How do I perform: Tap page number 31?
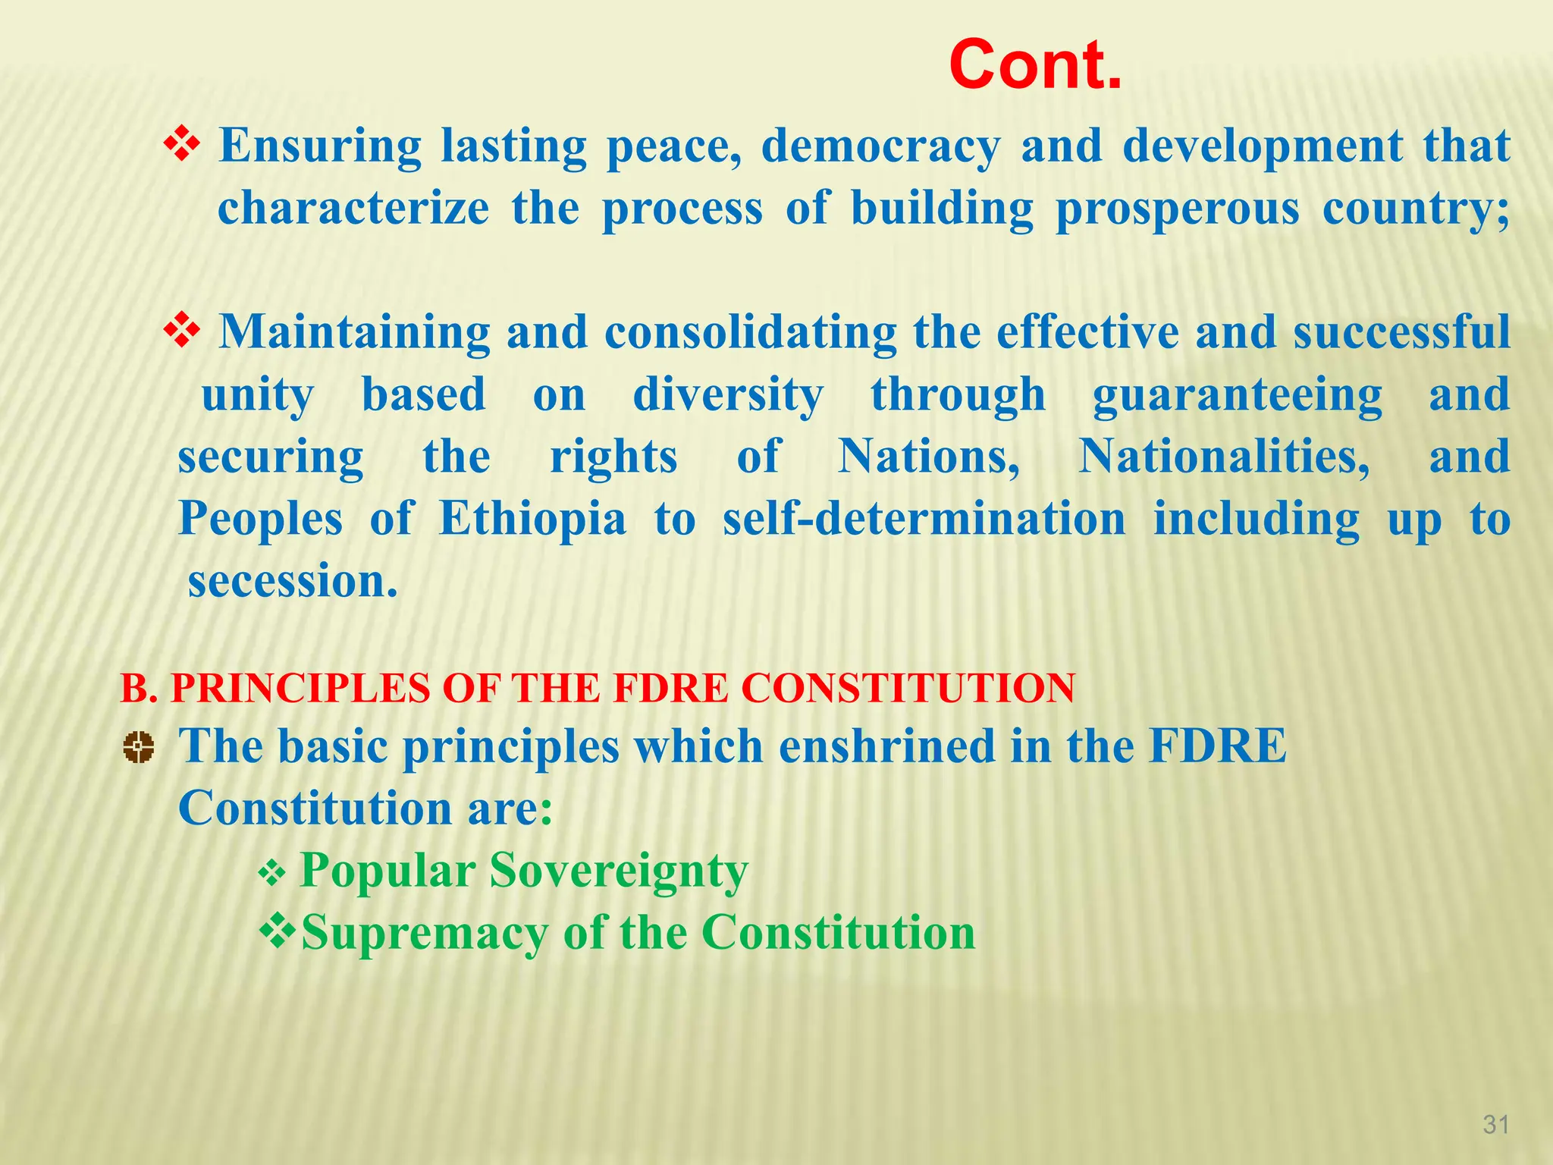(1495, 1124)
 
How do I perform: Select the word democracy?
(880, 146)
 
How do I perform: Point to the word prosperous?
(1177, 209)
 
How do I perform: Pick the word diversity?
(728, 396)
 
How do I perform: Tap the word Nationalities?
(1224, 457)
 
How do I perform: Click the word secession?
(292, 582)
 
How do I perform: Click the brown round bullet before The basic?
(138, 748)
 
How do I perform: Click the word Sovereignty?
(618, 871)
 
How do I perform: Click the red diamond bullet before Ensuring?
(182, 144)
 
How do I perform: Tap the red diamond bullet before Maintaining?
(182, 331)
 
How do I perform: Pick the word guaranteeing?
(1238, 396)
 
